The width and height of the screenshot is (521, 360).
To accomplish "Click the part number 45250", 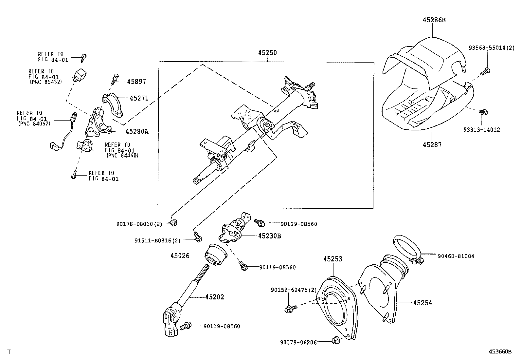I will click(x=267, y=53).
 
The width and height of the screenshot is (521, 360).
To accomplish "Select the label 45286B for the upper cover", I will click(x=434, y=20).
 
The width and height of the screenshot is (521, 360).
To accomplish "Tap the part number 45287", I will click(x=432, y=144).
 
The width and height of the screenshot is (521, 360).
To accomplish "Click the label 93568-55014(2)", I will click(x=491, y=48).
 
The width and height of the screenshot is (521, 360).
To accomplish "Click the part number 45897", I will click(x=136, y=82).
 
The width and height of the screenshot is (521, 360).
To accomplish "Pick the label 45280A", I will click(x=137, y=131).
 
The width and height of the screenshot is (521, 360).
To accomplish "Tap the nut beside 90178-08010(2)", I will click(x=173, y=223).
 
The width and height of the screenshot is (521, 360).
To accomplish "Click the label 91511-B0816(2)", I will click(x=157, y=240).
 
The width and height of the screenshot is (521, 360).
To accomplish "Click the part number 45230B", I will click(x=269, y=236).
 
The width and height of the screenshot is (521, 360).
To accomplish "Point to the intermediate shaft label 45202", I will click(x=215, y=297).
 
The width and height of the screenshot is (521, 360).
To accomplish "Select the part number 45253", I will click(x=333, y=259).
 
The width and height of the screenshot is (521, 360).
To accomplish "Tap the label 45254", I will click(x=422, y=303).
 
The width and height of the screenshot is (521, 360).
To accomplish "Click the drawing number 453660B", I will click(x=500, y=351).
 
